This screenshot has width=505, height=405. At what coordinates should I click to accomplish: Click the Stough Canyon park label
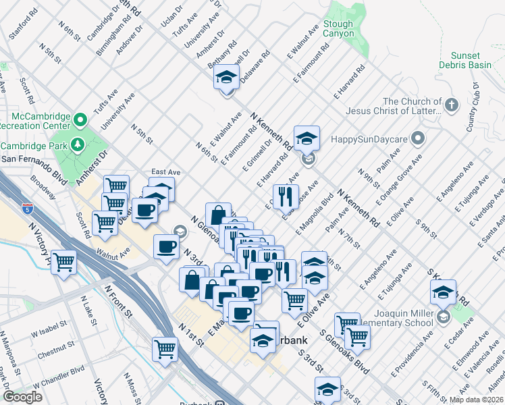point(338,30)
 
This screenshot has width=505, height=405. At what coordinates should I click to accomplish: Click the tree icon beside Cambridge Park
point(78,145)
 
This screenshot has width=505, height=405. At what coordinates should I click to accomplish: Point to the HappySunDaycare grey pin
point(418,140)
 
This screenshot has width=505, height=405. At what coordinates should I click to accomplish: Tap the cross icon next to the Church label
point(452,105)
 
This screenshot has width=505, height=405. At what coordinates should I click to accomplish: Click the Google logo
point(22,397)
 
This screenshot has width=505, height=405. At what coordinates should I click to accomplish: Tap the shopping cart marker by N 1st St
point(165,349)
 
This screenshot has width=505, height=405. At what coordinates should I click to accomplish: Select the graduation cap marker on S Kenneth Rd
point(443,292)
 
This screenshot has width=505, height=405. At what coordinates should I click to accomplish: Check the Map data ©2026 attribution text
point(477,400)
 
